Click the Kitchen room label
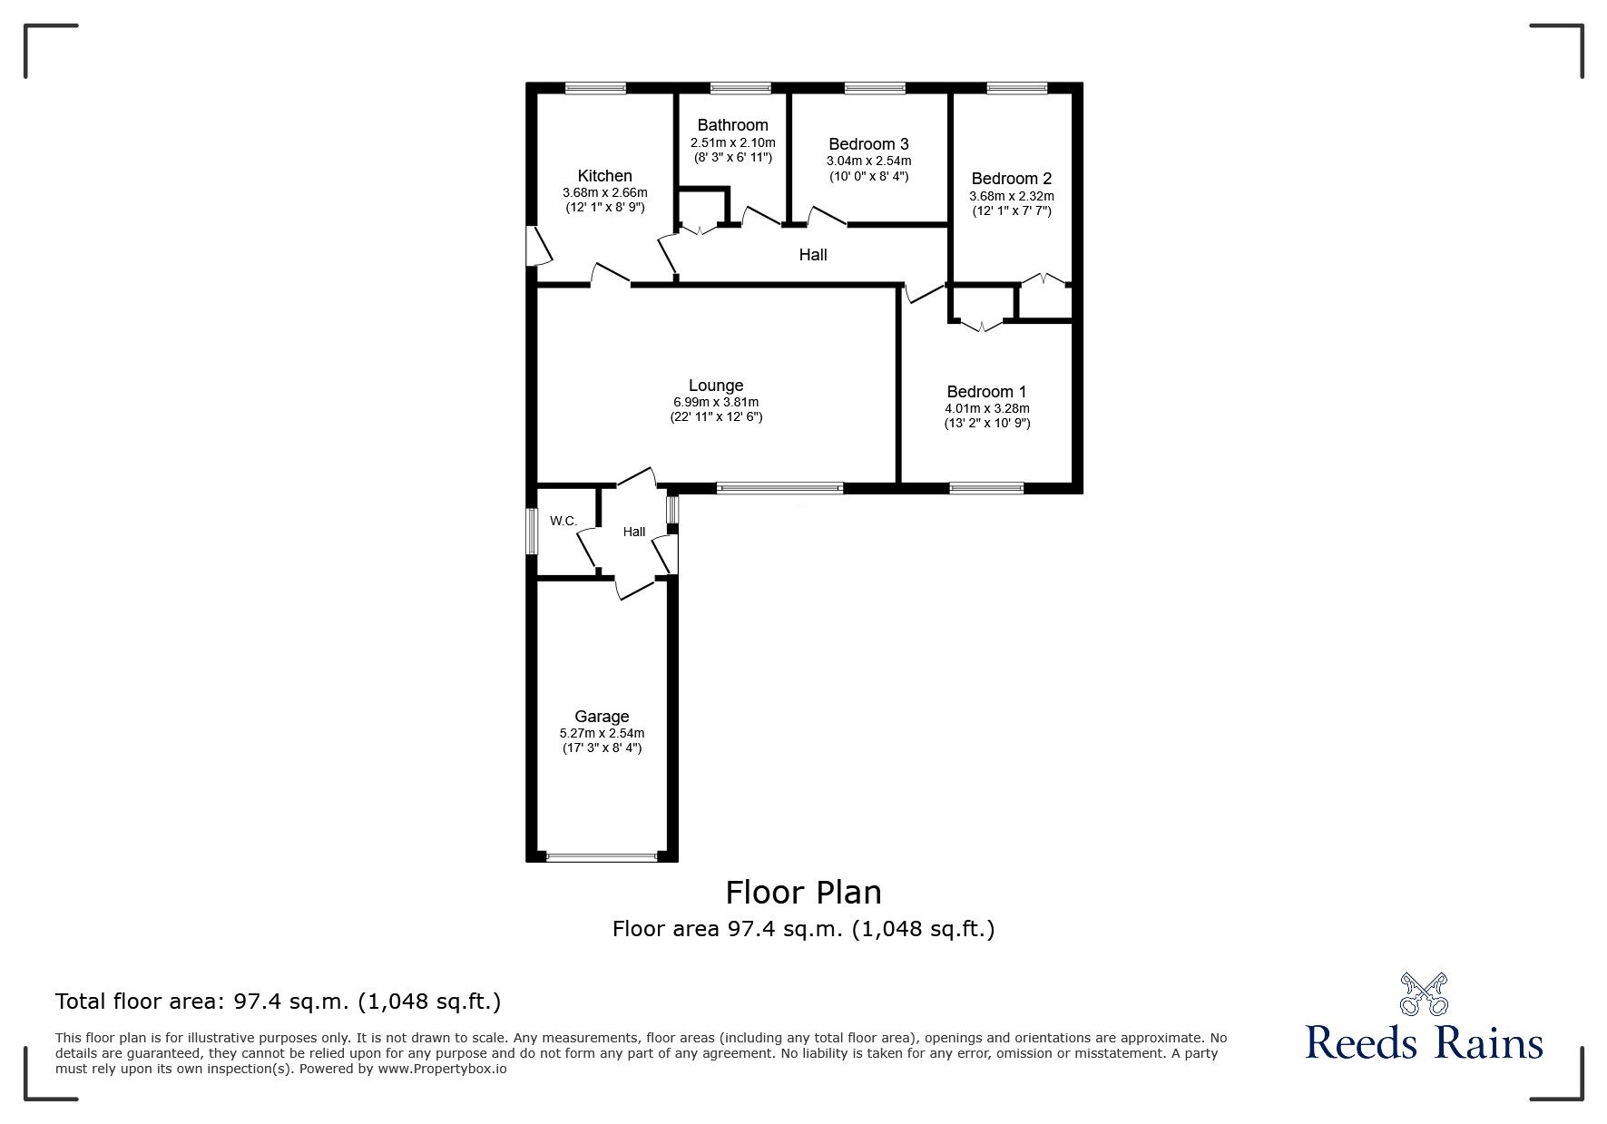(604, 176)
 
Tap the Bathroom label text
(732, 125)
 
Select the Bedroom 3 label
(868, 144)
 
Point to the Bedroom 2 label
(1011, 179)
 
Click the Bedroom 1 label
(986, 392)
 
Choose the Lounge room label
(715, 386)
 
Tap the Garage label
(602, 717)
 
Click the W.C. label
(563, 521)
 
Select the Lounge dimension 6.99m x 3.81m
(715, 403)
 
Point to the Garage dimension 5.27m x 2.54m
(602, 733)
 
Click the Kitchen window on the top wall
(595, 88)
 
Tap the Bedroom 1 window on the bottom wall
(986, 488)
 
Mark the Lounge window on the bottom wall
(779, 488)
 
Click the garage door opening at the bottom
(602, 855)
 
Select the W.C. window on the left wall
(533, 531)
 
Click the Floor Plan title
(803, 893)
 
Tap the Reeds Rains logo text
(1424, 1042)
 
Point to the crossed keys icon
(1424, 994)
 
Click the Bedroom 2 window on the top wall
(1016, 88)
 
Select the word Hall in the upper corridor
(812, 255)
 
